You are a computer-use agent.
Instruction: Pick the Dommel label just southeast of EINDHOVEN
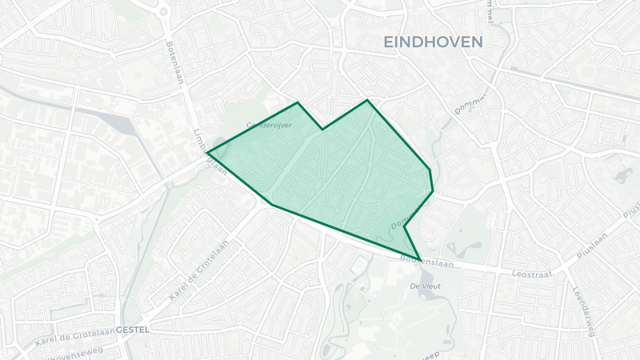[470, 104]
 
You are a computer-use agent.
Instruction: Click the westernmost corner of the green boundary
[207, 152]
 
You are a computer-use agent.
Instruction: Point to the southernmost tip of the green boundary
[420, 261]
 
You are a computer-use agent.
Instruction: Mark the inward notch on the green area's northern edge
[322, 129]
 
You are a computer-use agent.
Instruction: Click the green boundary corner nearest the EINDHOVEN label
[367, 100]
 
